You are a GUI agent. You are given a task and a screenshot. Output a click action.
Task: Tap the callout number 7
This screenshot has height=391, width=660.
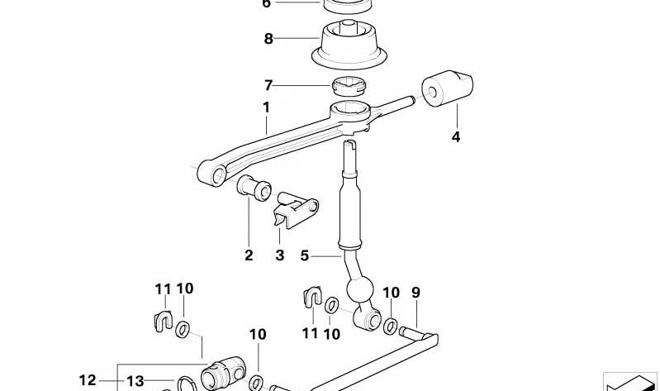click(268, 85)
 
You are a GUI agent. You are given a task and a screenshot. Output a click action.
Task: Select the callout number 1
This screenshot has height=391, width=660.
click(266, 107)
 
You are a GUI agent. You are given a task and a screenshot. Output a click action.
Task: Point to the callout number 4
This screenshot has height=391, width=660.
click(456, 137)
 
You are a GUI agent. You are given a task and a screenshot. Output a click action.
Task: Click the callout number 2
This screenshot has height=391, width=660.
click(249, 255)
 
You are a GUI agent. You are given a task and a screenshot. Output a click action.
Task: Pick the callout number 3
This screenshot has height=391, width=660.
click(280, 255)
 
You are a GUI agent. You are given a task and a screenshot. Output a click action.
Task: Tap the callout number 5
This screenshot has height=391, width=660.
click(304, 256)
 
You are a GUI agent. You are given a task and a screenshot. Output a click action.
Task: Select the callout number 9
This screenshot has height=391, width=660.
click(415, 292)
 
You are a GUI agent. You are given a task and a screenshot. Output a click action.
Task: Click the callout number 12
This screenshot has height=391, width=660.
click(88, 380)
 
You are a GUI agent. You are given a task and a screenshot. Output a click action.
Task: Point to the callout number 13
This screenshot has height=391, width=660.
click(135, 380)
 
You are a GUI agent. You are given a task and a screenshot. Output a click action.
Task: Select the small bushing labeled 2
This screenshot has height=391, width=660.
click(253, 189)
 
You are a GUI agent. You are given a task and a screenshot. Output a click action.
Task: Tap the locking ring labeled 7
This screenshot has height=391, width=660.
click(348, 83)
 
